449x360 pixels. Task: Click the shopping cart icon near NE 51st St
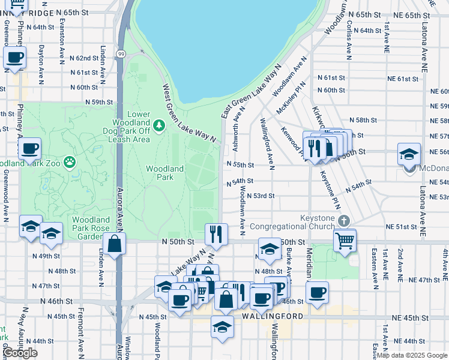tap(345, 241)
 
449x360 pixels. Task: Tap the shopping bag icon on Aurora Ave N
tap(113, 244)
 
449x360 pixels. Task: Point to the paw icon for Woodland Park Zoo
tap(70, 161)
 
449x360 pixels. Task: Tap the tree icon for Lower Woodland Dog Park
tap(159, 125)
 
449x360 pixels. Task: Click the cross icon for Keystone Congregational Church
tap(343, 221)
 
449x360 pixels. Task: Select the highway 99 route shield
tap(121, 54)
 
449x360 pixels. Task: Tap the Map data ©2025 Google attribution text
tap(411, 355)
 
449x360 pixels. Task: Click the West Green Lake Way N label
tap(188, 112)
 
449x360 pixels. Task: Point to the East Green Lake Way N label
tap(250, 92)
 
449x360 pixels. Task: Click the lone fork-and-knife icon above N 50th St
tap(215, 233)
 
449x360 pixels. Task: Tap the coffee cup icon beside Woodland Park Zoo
tap(29, 149)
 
